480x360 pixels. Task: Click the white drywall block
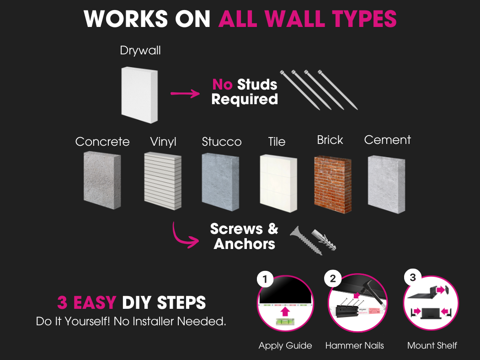click(139, 95)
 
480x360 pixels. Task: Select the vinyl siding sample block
click(162, 181)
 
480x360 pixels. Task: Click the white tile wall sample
click(278, 182)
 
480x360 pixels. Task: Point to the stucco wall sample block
click(220, 182)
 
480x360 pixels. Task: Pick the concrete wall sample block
click(102, 180)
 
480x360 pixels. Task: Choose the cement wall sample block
click(386, 184)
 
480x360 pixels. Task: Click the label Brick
click(330, 140)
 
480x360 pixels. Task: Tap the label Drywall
click(140, 50)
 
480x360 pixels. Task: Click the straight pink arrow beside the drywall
click(185, 94)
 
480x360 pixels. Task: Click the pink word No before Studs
click(223, 85)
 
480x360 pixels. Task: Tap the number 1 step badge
click(265, 279)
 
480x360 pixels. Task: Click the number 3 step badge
click(412, 277)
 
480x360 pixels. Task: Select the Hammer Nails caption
click(354, 346)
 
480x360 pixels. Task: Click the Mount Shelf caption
click(432, 346)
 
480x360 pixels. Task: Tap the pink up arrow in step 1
click(285, 312)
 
